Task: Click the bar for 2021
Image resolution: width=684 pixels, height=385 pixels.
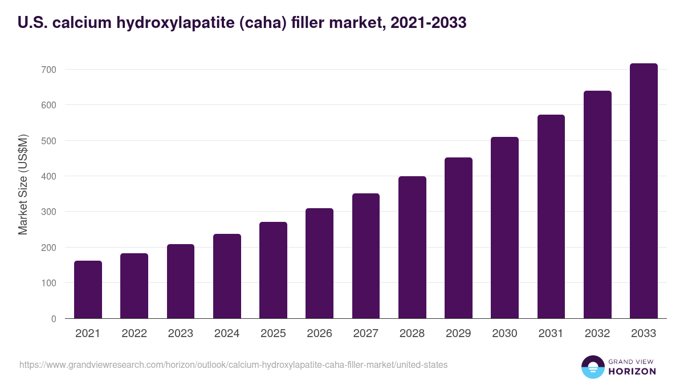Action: tap(88, 290)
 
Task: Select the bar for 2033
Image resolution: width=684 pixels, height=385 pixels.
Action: tap(644, 191)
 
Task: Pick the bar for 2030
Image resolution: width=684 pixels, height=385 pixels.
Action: tap(504, 228)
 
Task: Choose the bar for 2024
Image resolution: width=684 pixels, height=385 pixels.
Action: tap(227, 276)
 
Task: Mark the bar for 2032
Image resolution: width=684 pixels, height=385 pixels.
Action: tap(597, 205)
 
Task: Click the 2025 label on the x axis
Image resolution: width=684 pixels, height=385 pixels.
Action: tap(273, 334)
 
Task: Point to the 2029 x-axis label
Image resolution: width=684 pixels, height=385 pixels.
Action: tap(458, 334)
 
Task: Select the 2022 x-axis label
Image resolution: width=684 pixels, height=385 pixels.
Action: tap(134, 334)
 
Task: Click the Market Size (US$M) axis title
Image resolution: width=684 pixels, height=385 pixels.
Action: tap(23, 185)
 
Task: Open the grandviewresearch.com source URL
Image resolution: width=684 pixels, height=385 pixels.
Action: tap(233, 364)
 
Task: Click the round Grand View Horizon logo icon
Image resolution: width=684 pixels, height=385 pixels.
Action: tap(593, 367)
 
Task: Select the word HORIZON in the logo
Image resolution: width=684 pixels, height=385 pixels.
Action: tap(632, 371)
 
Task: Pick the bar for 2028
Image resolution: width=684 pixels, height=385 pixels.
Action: tap(412, 248)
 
